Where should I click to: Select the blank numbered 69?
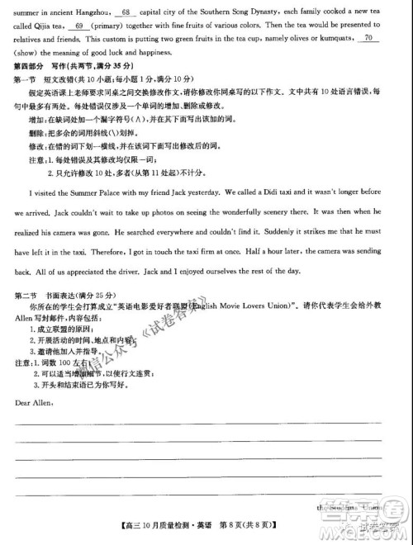(80, 26)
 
